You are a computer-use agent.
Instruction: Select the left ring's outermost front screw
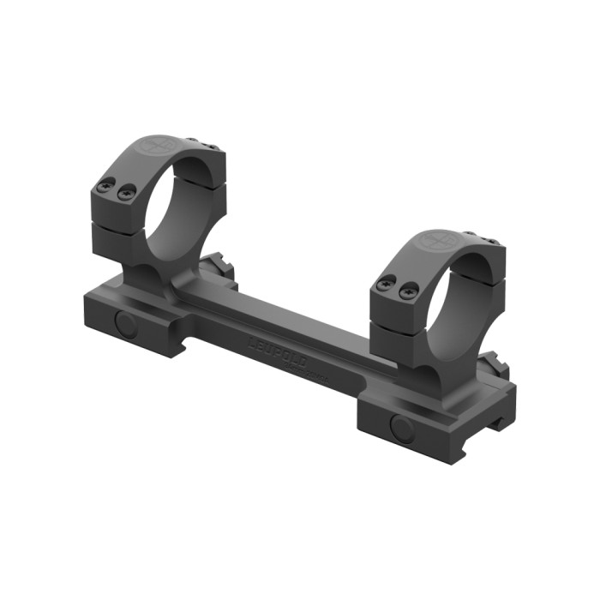click(x=106, y=183)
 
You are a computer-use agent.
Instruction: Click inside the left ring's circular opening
click(x=182, y=206)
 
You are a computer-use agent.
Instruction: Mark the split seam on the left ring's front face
click(x=116, y=225)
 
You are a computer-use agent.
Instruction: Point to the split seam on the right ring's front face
click(x=397, y=325)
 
